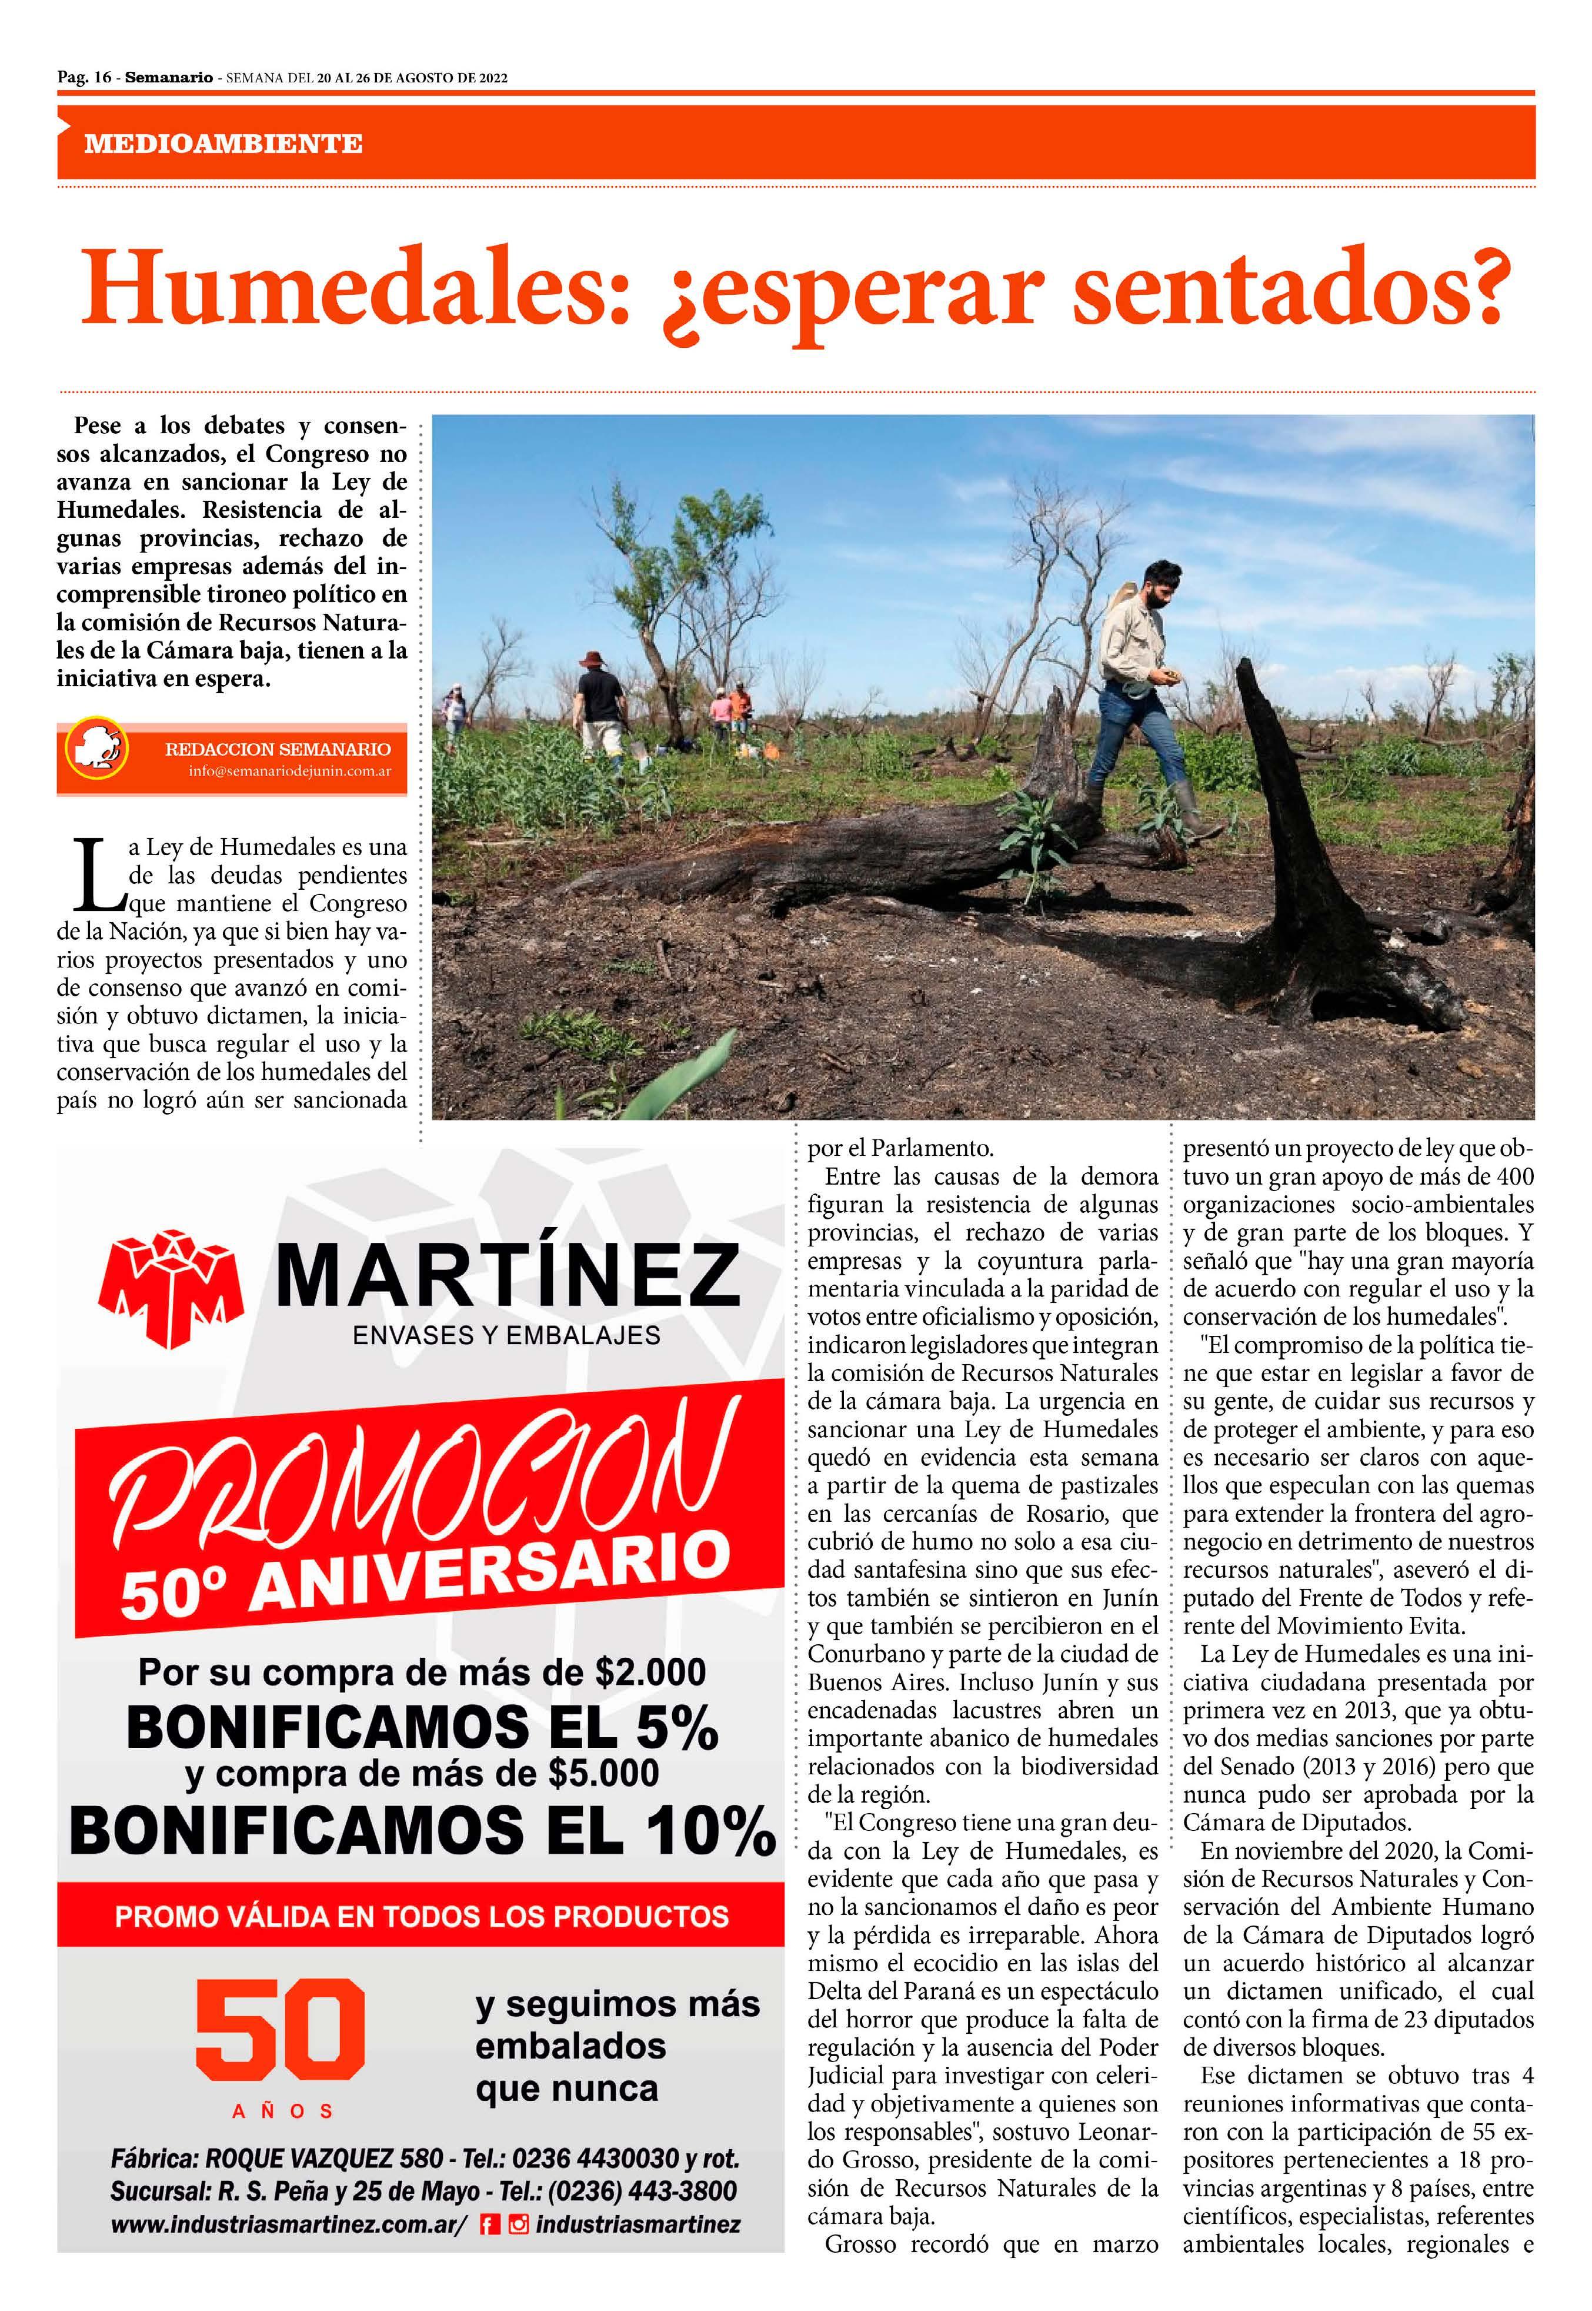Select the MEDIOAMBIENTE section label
(222, 144)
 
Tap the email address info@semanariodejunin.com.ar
(289, 772)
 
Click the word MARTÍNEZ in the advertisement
(507, 1276)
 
